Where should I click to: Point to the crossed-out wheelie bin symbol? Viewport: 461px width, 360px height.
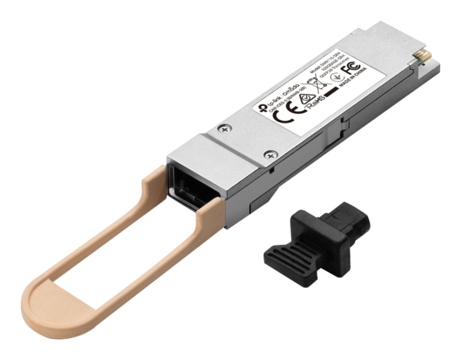[x=318, y=92]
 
